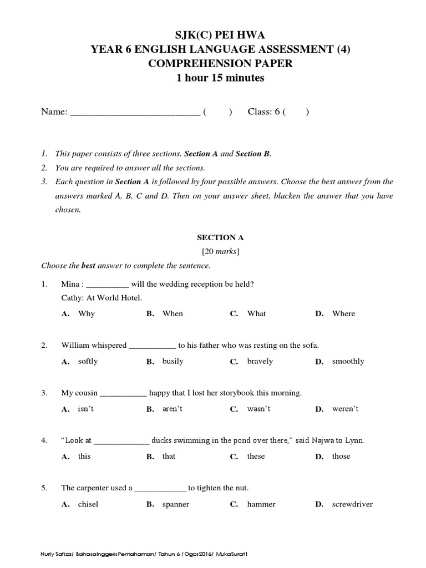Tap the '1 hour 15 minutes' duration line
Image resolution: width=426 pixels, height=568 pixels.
[x=220, y=78]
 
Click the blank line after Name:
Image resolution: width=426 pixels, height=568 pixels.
[x=135, y=113]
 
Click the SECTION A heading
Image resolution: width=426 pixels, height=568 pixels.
[x=220, y=237]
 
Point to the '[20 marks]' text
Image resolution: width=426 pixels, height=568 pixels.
[x=220, y=252]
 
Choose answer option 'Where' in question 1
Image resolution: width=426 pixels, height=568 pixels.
[x=343, y=313]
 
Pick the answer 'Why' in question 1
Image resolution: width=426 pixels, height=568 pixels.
[x=87, y=313]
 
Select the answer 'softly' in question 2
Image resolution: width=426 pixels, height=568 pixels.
[x=88, y=361]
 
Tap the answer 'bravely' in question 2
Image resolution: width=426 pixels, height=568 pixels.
[x=260, y=361]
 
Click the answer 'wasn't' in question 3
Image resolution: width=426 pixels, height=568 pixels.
[x=258, y=409]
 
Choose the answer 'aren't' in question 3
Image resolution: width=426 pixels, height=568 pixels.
[x=173, y=409]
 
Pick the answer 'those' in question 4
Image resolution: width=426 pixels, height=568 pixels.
[x=341, y=456]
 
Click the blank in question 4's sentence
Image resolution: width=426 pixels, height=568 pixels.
[x=121, y=442]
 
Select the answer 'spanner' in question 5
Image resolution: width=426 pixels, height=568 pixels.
[x=176, y=504]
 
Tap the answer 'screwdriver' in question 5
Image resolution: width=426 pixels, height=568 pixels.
[x=352, y=504]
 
